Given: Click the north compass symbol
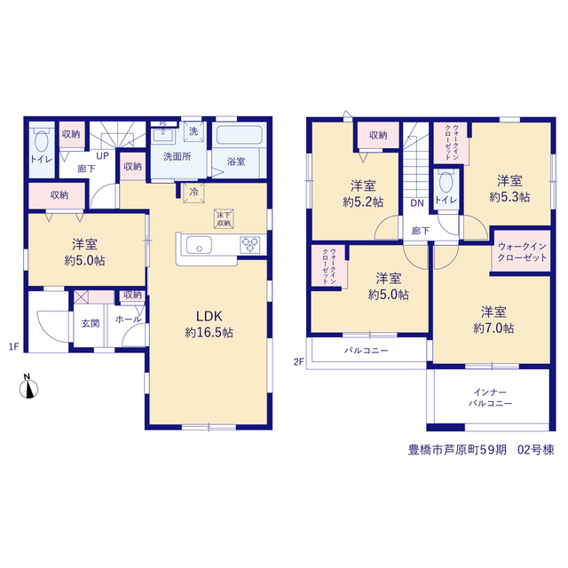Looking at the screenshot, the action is (28, 388).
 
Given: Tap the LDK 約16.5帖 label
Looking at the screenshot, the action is (209, 324).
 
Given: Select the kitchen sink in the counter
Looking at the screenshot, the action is (199, 245).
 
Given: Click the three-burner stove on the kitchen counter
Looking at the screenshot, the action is (250, 245).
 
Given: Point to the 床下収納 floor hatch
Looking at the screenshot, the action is (224, 219).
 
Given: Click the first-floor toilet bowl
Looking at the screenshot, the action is (42, 141).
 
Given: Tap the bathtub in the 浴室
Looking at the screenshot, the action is (239, 135).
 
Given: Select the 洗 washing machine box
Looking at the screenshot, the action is (193, 131).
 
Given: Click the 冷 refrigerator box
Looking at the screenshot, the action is (193, 193).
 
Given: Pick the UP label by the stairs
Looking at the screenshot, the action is (103, 156).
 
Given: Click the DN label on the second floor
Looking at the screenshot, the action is (417, 203).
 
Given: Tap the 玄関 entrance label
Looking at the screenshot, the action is (91, 323).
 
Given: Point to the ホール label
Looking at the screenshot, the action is (128, 319).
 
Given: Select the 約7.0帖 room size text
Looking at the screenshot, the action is (493, 328).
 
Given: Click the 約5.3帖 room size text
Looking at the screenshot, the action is (509, 197).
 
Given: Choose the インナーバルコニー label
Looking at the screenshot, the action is (490, 398).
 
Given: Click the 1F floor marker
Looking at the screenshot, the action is (13, 347).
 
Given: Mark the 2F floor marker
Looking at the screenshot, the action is (298, 362).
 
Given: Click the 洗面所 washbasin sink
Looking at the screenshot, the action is (163, 136).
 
